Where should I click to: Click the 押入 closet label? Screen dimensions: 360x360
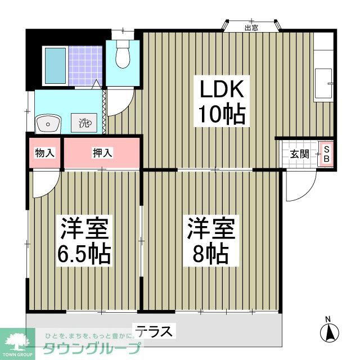tap(102, 152)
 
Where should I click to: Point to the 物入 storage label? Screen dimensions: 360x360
tap(44, 152)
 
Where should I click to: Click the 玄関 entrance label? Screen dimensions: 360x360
tap(299, 154)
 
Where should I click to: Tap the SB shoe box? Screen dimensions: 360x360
tap(326, 154)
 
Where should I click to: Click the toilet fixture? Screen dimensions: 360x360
tap(121, 56)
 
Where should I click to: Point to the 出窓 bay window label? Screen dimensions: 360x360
tap(251, 27)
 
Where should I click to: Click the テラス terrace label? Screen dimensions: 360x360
tap(154, 331)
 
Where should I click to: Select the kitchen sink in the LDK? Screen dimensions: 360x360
tap(323, 83)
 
